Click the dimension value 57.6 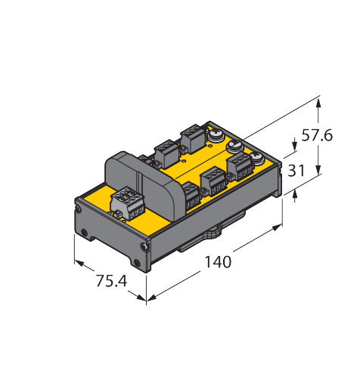tap(317, 135)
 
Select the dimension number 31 tap(296, 171)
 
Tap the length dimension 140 tap(218, 262)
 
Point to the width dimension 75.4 tap(111, 281)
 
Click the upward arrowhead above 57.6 tap(318, 103)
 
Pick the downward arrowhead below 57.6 tap(318, 169)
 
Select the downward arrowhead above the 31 tap(294, 147)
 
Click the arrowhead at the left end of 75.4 tap(79, 263)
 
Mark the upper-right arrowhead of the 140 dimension tap(277, 227)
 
